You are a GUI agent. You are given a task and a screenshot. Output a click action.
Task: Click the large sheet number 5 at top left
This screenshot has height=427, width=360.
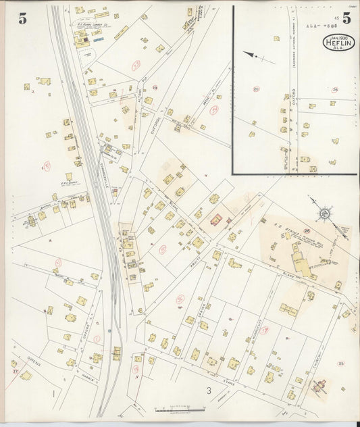(22, 18)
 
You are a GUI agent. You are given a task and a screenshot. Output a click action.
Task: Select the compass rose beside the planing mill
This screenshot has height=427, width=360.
(324, 215)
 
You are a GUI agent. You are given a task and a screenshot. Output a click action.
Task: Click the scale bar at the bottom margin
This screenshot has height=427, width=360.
(180, 409)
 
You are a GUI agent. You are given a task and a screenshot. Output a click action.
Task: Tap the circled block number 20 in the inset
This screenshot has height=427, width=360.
(256, 89)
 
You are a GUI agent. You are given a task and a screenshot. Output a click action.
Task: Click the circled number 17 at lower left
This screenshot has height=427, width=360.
(14, 371)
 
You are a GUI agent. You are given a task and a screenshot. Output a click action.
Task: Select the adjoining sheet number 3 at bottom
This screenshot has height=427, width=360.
(209, 391)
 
